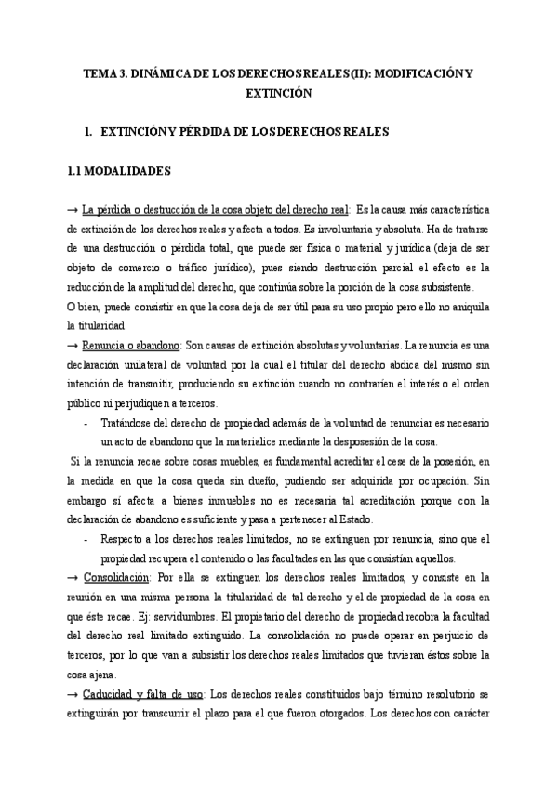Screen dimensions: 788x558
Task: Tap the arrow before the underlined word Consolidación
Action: click(x=73, y=577)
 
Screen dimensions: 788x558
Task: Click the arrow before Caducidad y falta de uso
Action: click(x=73, y=693)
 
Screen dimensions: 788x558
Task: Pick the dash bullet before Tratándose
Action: click(x=86, y=424)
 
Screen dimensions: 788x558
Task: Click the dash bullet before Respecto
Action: click(x=86, y=539)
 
